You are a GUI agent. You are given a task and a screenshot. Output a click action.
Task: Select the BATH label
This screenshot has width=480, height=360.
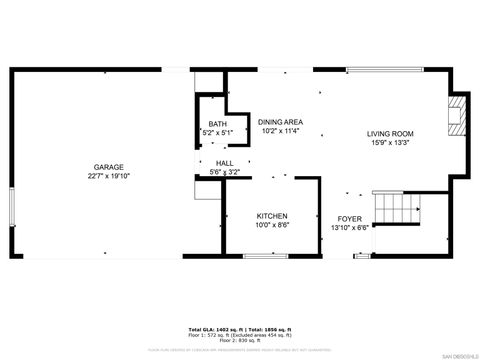[x=217, y=124]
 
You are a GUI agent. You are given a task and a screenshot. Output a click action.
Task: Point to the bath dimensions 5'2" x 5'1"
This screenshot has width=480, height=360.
[x=217, y=132]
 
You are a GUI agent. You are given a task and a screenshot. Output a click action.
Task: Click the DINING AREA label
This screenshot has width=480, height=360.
[x=281, y=121]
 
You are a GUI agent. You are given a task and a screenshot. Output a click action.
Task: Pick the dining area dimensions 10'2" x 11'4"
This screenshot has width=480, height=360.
[x=281, y=130]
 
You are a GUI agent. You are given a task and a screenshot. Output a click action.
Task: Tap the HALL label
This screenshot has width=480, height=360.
[x=224, y=162]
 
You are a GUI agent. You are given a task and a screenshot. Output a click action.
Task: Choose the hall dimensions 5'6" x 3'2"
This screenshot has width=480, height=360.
[x=224, y=171]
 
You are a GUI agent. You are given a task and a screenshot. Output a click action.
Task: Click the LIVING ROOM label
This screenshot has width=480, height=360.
[x=390, y=133]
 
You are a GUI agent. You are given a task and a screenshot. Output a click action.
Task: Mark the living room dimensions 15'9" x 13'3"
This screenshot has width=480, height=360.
[x=390, y=142]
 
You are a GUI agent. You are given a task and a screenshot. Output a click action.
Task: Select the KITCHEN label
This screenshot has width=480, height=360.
[x=272, y=216]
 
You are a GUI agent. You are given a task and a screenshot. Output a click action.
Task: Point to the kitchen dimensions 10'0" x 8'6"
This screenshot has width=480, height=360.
[x=272, y=225]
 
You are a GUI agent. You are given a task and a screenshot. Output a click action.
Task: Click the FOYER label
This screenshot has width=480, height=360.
[x=349, y=218]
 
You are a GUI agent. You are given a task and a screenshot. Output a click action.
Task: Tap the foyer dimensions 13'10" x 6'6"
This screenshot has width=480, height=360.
[x=349, y=227]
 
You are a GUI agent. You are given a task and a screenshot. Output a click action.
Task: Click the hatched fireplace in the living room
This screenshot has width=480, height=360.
[x=456, y=115]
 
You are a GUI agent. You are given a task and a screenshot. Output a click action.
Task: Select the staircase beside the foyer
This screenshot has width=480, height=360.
[x=396, y=208]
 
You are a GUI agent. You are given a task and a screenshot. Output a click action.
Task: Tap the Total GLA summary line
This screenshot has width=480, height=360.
[x=239, y=329]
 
